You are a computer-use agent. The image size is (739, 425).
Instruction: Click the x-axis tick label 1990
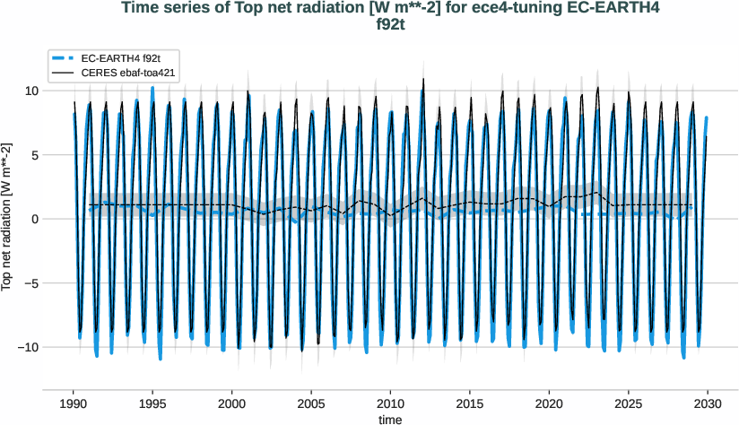[x=74, y=403]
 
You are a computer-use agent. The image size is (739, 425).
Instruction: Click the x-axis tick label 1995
[x=153, y=403]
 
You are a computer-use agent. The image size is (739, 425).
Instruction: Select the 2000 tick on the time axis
[x=232, y=403]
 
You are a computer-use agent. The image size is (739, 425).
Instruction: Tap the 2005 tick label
[x=311, y=403]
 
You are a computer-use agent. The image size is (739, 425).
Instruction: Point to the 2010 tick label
[x=391, y=403]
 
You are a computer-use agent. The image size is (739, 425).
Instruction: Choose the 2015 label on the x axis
[x=470, y=403]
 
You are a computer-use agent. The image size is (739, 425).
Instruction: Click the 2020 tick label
[x=550, y=403]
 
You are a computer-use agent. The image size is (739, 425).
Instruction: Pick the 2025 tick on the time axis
[x=629, y=403]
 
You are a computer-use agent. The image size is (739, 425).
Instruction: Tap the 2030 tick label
[x=709, y=403]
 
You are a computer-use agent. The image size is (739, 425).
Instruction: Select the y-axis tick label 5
[x=33, y=155]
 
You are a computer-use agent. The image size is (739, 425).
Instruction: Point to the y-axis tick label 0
[x=33, y=219]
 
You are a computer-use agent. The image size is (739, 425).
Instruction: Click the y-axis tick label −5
[x=30, y=283]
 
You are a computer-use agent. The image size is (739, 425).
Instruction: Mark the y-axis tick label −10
[x=27, y=347]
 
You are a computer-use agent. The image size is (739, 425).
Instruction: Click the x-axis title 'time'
[x=390, y=419]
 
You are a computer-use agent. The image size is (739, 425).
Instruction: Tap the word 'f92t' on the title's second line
[x=390, y=25]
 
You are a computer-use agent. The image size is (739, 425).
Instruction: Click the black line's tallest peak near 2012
[x=423, y=79]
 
